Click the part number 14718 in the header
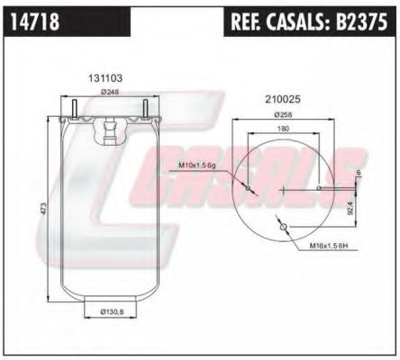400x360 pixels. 35,22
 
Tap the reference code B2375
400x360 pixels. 361,22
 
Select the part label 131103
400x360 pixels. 105,78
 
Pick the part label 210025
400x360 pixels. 283,99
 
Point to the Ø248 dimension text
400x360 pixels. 110,92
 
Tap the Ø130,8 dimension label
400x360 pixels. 112,312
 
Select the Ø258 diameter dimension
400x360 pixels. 283,114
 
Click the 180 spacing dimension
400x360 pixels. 283,129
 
